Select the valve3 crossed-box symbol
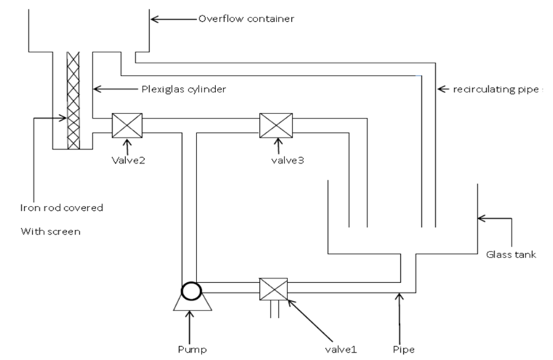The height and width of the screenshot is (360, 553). [276, 126]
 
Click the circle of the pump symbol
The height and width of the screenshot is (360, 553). [192, 291]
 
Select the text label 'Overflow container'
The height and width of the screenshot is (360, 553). [246, 18]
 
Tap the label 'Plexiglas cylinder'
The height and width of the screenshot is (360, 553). [183, 89]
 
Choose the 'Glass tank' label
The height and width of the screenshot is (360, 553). [511, 255]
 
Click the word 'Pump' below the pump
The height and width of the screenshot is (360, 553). [192, 349]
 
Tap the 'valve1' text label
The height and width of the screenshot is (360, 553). [342, 349]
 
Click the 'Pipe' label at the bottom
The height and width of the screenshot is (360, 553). [402, 349]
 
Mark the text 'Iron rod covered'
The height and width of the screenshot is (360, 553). [61, 207]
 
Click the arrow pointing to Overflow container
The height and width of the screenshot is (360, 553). [172, 18]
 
